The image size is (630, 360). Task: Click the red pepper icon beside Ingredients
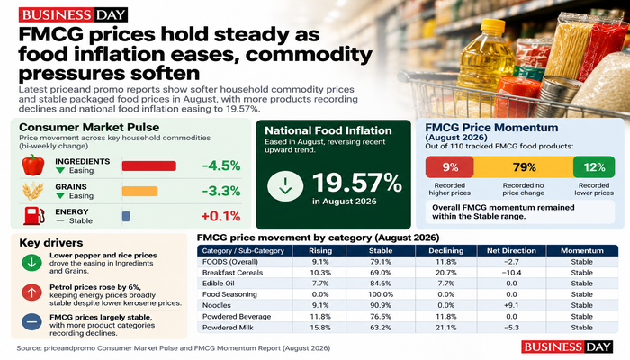pos(33,165)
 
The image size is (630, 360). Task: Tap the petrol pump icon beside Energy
pos(34,216)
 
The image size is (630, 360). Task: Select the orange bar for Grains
pos(139,191)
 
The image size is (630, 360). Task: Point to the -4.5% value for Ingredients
pos(221,166)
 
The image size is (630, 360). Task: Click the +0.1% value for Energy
pos(220,216)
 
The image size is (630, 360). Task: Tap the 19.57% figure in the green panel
pos(357,183)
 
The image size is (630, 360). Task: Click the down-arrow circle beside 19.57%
pos(285,186)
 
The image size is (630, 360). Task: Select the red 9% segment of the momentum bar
pos(450,167)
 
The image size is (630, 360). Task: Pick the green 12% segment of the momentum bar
pos(594,167)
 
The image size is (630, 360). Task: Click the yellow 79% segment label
pos(525,167)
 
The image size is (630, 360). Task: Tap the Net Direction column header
pos(511,251)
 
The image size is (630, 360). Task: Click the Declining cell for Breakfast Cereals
pos(446,273)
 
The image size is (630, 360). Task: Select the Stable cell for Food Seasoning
pos(381,294)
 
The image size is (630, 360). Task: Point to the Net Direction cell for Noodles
pos(511,305)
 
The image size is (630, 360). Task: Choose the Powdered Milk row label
pos(228,328)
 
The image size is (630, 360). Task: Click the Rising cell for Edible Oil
pos(320,283)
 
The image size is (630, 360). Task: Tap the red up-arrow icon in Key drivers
pos(31,292)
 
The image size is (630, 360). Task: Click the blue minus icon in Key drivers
pos(31,322)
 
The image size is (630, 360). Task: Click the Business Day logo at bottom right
pos(567,346)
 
